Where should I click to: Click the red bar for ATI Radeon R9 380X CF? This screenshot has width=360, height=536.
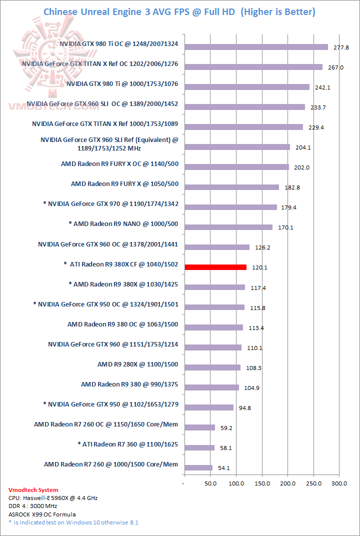click(x=215, y=267)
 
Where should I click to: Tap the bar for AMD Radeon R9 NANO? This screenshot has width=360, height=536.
click(x=228, y=227)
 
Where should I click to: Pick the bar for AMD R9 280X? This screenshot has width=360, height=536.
click(x=212, y=367)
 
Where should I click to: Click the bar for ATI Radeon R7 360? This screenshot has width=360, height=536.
click(x=199, y=447)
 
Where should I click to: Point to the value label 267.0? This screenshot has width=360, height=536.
click(x=335, y=67)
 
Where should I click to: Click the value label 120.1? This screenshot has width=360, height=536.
click(x=259, y=267)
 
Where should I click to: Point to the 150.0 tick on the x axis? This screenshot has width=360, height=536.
click(x=262, y=484)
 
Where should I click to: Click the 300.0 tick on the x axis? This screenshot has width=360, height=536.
click(x=339, y=484)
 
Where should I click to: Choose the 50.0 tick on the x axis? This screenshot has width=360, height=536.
click(x=210, y=484)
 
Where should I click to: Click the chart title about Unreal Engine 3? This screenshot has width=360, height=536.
click(x=179, y=11)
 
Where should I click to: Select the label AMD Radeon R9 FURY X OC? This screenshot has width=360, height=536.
click(x=119, y=164)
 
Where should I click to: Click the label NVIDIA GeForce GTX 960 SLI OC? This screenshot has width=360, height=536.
click(x=102, y=104)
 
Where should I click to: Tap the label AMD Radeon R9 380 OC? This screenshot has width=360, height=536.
click(x=122, y=324)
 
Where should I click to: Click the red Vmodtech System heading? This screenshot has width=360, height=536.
click(x=33, y=490)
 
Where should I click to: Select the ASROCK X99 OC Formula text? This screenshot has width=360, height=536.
click(x=42, y=514)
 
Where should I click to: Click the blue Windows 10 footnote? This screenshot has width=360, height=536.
click(x=73, y=522)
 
